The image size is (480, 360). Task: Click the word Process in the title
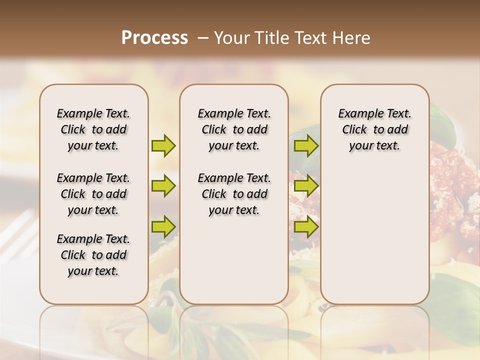pyautogui.click(x=154, y=38)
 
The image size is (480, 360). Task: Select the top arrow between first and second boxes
pyautogui.click(x=163, y=145)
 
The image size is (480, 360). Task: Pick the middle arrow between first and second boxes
pyautogui.click(x=163, y=186)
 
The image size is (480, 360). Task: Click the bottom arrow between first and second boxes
pyautogui.click(x=163, y=227)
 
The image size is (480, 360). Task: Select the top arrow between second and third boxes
pyautogui.click(x=306, y=145)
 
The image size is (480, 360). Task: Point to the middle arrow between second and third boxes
pyautogui.click(x=306, y=186)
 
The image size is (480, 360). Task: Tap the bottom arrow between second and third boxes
pyautogui.click(x=306, y=227)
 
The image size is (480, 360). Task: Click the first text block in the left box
pyautogui.click(x=93, y=129)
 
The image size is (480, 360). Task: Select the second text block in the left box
pyautogui.click(x=93, y=194)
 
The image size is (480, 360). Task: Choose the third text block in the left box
pyautogui.click(x=93, y=255)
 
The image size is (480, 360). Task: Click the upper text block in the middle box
pyautogui.click(x=234, y=129)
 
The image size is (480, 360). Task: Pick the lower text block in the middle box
pyautogui.click(x=234, y=194)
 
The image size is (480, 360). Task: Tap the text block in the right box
pyautogui.click(x=374, y=129)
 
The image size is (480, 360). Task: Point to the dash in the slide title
pyautogui.click(x=202, y=38)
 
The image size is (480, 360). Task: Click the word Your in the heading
pyautogui.click(x=231, y=38)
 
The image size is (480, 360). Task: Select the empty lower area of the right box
pyautogui.click(x=374, y=235)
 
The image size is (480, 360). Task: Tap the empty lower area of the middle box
pyautogui.click(x=234, y=260)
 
